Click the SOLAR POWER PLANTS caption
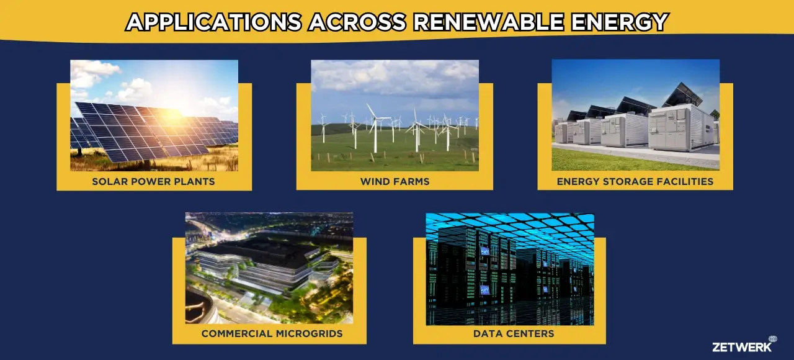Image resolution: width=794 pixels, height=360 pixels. click(153, 182)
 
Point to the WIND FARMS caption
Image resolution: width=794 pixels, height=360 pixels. click(395, 182)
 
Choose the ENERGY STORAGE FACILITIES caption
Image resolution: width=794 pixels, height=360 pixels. click(635, 182)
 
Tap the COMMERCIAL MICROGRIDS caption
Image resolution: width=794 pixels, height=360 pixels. click(272, 334)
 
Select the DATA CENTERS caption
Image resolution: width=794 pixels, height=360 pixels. click(514, 334)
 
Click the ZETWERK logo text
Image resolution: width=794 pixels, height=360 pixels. click(741, 346)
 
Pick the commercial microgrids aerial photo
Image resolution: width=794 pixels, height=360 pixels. click(269, 268)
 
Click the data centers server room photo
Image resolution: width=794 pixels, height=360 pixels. click(510, 269)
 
